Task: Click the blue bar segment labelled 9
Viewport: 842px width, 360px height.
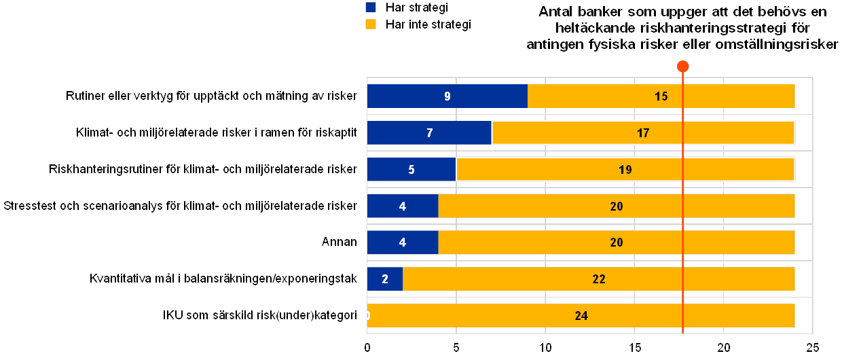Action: point(447,96)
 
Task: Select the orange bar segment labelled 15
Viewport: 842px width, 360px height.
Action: point(661,96)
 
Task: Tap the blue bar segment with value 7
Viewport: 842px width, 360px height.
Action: point(429,132)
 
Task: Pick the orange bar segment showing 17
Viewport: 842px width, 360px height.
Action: point(642,132)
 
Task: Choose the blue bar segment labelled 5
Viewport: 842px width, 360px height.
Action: point(411,169)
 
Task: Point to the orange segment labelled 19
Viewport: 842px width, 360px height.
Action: point(625,169)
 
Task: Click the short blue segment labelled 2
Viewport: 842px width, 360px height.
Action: point(384,278)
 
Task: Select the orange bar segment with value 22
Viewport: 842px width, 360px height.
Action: point(598,278)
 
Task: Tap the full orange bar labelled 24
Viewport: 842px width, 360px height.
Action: point(581,315)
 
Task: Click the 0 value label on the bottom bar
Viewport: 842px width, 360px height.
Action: point(367,315)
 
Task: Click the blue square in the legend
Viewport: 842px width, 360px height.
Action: point(371,7)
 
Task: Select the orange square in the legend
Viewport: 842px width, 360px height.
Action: point(371,24)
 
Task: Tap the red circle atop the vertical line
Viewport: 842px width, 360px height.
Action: point(683,66)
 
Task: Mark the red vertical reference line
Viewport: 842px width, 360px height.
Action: point(683,204)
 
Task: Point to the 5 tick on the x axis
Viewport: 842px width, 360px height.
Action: point(456,347)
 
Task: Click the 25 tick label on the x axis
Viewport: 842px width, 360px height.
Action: point(812,347)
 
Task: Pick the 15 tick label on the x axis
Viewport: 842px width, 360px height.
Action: point(634,347)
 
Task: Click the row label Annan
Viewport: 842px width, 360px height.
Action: point(339,242)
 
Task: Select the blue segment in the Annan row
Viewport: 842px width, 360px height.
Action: point(403,242)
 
